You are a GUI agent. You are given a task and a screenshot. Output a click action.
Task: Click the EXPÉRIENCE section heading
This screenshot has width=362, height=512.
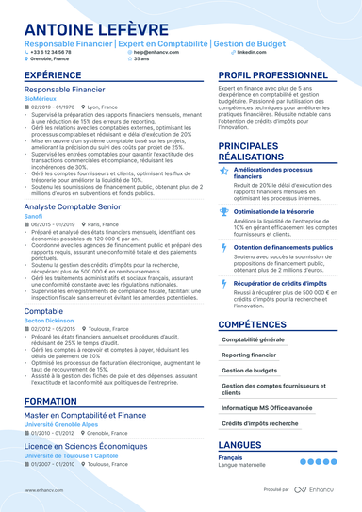[x=53, y=74]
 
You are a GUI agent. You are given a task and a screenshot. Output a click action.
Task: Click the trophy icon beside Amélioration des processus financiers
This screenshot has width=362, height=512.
[x=222, y=170]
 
